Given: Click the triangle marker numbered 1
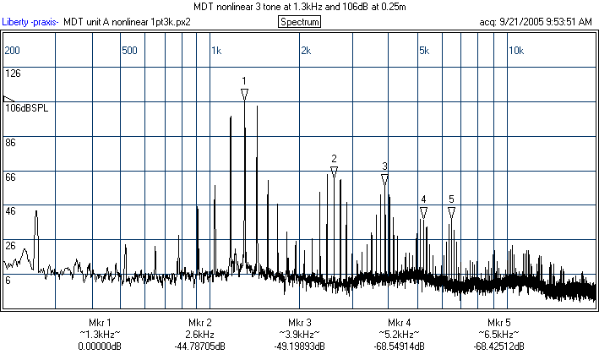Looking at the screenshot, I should click(244, 95).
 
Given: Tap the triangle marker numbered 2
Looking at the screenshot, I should click(334, 172).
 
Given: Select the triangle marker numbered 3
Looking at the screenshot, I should click(384, 179).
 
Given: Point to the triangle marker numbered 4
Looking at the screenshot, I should click(423, 211).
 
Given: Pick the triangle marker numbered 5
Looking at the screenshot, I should click(451, 211).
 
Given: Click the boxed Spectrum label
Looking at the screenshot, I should click(300, 21).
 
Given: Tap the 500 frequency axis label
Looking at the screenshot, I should click(129, 51).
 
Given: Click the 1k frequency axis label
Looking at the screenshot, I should click(216, 51).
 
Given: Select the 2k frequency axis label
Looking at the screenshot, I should click(306, 51).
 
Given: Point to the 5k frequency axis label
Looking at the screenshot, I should click(424, 51).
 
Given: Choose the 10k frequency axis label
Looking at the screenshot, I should click(515, 51).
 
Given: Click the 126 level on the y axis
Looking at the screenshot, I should click(13, 74).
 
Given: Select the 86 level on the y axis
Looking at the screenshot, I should click(11, 143).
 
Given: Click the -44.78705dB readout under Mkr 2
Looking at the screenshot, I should click(199, 346).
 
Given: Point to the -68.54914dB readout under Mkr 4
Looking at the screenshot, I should click(400, 346).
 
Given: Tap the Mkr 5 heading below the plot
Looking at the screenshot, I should click(499, 323).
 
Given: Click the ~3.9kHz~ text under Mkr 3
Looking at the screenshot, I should click(299, 335).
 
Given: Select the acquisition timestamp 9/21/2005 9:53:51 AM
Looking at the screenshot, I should click(548, 21).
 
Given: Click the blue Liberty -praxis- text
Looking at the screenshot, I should click(30, 21).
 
